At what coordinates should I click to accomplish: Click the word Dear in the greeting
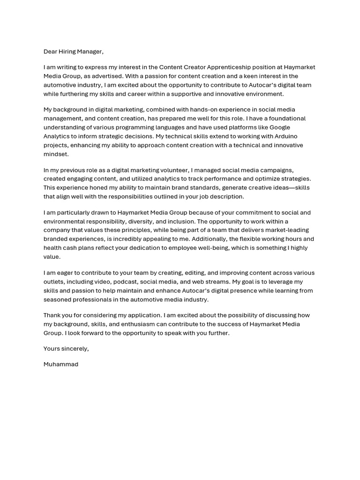pyautogui.click(x=51, y=52)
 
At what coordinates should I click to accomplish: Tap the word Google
pyautogui.click(x=279, y=127)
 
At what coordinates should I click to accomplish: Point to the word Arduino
pyautogui.click(x=284, y=136)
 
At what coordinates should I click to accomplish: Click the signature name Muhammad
pyautogui.click(x=61, y=364)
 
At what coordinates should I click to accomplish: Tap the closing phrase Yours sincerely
pyautogui.click(x=66, y=349)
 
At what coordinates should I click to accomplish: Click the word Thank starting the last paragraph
pyautogui.click(x=53, y=315)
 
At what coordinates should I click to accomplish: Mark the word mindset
pyautogui.click(x=56, y=154)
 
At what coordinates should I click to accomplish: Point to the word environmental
pyautogui.click(x=65, y=221)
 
